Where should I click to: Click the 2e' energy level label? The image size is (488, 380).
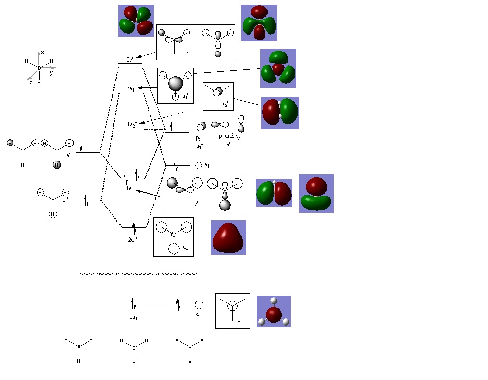130,60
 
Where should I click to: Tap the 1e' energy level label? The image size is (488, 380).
129,188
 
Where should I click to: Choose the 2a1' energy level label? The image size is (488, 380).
133,240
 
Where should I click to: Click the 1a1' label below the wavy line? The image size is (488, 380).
134,317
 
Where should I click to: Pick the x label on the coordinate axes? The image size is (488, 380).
43,52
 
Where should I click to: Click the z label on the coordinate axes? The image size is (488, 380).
31,83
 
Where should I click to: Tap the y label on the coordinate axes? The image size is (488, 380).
51,73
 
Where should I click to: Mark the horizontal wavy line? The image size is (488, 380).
138,274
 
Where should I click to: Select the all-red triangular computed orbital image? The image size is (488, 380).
228,237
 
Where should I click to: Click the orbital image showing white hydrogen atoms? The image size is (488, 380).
274,311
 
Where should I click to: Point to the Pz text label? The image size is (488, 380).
199,138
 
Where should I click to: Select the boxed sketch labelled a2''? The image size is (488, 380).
218,96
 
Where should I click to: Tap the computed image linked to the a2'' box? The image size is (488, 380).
280,113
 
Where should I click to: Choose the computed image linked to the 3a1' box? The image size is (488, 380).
278,68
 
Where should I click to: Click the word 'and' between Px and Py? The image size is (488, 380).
229,136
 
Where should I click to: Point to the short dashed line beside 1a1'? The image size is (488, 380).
156,305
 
